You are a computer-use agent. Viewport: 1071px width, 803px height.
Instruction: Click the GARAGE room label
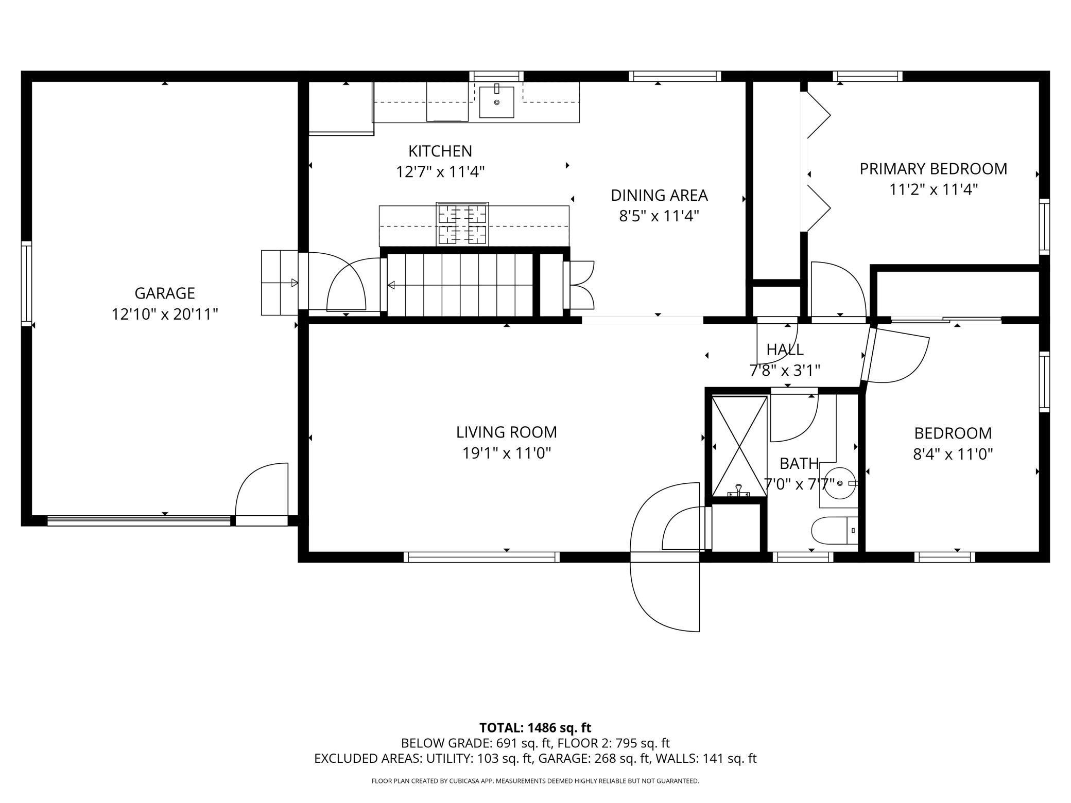pos(165,293)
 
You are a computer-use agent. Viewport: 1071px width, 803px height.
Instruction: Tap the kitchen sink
pos(497,102)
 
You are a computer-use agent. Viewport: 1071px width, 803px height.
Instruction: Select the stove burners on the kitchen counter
pos(462,224)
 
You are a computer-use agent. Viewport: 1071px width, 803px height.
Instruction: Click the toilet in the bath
pos(835,530)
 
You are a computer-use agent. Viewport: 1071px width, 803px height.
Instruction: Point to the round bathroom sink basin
pos(840,483)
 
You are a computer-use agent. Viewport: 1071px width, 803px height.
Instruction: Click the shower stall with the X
pos(739,446)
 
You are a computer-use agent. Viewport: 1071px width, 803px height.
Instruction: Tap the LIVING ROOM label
pos(507,432)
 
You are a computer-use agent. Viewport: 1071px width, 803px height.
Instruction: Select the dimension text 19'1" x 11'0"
pos(507,453)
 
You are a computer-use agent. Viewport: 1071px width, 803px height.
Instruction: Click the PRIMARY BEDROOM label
pos(933,169)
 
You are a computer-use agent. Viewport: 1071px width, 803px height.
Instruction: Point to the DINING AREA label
pos(659,196)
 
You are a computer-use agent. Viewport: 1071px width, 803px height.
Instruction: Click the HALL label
pos(785,350)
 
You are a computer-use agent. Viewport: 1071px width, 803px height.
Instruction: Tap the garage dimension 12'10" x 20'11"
pos(165,314)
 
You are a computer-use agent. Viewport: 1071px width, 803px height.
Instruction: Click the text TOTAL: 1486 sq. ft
pos(535,728)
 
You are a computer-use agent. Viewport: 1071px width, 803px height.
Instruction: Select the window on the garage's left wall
pos(26,283)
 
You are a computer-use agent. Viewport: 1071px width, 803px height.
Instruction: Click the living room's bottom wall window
pos(481,557)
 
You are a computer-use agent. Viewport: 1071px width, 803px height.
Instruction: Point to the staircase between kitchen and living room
pos(460,285)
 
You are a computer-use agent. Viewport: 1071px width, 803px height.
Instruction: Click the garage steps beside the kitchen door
pos(280,283)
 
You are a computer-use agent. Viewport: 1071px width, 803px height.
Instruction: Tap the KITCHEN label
pos(440,151)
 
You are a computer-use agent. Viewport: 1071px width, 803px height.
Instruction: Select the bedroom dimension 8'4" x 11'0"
pos(953,455)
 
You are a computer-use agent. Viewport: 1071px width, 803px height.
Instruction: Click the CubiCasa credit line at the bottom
pos(535,781)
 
